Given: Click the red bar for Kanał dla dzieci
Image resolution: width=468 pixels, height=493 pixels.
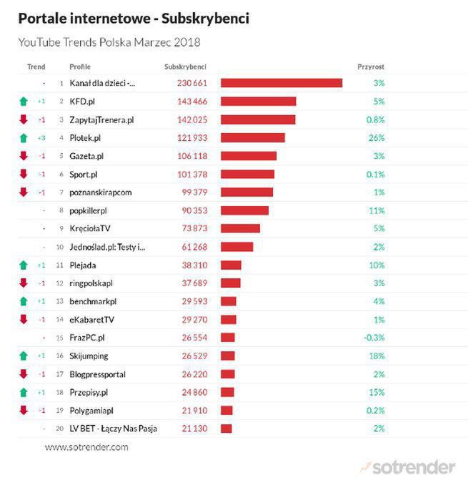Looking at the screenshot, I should click(281, 83).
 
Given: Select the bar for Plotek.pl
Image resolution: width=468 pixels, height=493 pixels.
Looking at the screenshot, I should click(252, 137).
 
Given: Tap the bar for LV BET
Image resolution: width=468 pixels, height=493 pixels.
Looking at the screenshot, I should click(226, 429).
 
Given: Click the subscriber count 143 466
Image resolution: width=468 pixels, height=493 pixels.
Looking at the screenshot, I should click(191, 102).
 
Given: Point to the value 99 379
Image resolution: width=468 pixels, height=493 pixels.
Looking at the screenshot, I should click(193, 192).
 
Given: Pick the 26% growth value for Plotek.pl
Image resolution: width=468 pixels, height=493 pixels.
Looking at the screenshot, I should click(377, 137).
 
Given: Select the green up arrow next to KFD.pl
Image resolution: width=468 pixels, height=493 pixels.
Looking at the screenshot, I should click(24, 102).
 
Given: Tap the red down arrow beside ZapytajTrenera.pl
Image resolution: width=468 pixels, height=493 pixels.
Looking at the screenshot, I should click(24, 119).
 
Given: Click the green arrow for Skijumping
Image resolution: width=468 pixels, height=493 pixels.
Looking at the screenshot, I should click(24, 356).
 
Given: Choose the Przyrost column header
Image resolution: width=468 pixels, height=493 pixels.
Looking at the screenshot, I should click(371, 67).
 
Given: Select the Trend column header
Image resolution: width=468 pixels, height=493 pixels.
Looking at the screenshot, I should click(36, 67).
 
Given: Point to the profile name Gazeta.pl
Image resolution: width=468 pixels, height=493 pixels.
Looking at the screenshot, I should click(86, 156).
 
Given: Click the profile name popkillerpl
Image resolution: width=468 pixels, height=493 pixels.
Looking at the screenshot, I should click(89, 210).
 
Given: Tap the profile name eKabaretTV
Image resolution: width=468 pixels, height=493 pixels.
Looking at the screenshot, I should click(91, 319).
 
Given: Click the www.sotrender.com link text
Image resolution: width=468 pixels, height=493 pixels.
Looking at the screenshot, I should click(86, 447).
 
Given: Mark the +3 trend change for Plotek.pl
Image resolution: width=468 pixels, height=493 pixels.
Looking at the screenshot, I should click(41, 137).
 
